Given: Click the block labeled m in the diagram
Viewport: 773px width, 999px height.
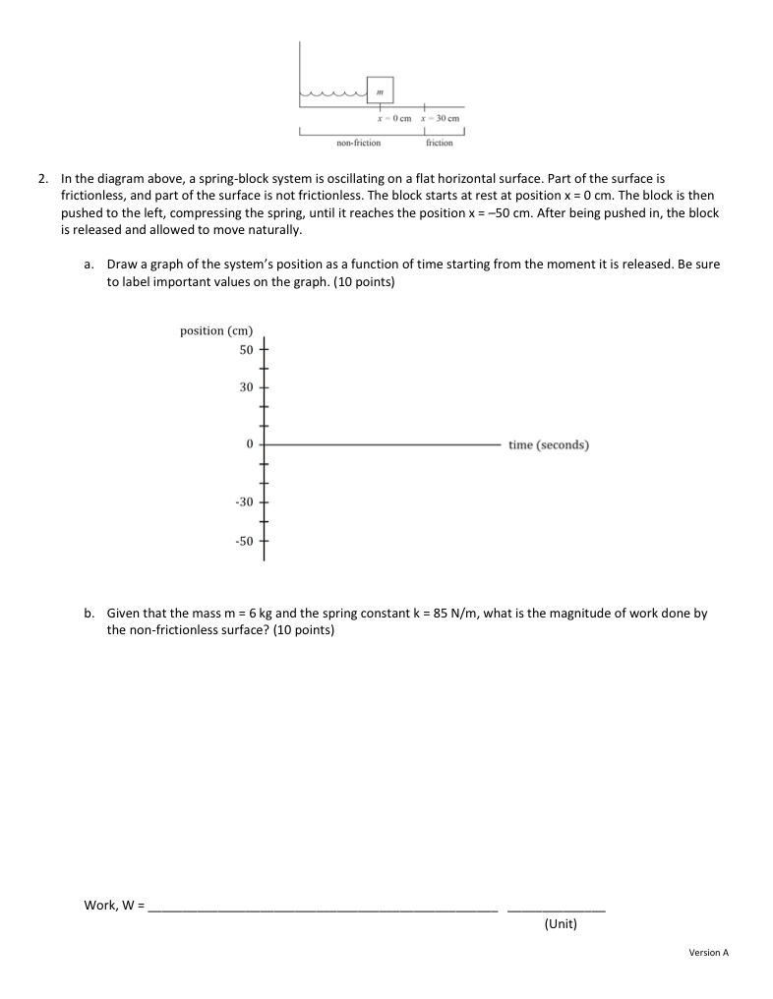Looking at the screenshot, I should (x=380, y=89).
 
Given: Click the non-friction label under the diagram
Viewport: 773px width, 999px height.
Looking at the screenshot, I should (x=358, y=143).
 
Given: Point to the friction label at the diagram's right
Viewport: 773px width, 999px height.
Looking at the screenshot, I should (x=440, y=143).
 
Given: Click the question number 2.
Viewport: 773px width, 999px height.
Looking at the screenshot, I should (x=42, y=179).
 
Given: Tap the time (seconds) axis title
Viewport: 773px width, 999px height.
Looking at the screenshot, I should (x=549, y=444).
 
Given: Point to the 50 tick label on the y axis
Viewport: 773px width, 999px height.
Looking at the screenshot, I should (x=246, y=349).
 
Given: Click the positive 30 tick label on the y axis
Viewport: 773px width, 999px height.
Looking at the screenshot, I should (x=246, y=387).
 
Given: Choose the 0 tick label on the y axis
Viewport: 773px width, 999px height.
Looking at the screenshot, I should (x=250, y=444).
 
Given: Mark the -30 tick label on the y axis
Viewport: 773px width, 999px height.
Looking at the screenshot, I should (x=244, y=502).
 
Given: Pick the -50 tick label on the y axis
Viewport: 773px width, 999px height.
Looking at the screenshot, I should (x=244, y=541).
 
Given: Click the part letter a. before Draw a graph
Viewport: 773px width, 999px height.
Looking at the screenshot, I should (x=89, y=264).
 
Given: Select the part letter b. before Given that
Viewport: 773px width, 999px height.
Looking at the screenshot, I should (x=89, y=613).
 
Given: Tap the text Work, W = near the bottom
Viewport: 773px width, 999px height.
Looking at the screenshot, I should (x=114, y=905).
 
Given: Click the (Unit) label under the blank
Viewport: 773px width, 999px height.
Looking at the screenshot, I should (x=560, y=924).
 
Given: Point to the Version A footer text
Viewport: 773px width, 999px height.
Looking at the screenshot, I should (x=708, y=952).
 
